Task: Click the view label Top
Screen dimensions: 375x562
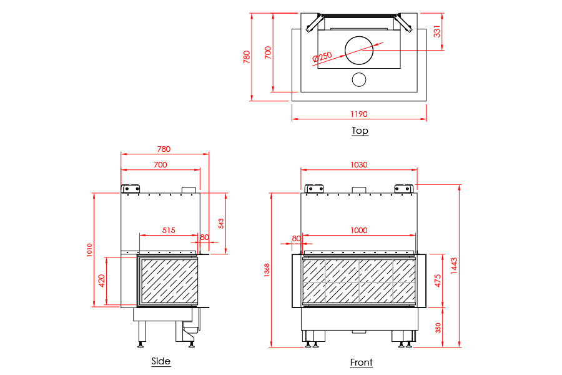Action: (x=360, y=131)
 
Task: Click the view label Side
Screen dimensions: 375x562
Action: (x=160, y=361)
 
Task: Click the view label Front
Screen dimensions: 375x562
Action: (x=361, y=362)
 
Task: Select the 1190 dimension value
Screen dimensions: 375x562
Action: (x=358, y=114)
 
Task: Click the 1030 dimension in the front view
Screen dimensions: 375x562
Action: (x=358, y=165)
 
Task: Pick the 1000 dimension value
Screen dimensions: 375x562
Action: (x=358, y=230)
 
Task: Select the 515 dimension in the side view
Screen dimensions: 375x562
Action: (x=169, y=230)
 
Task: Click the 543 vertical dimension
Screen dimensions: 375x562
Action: (x=221, y=223)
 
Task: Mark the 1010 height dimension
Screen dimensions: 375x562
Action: (x=89, y=251)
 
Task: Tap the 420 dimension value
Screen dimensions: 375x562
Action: (x=101, y=281)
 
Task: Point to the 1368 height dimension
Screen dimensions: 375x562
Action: (x=267, y=270)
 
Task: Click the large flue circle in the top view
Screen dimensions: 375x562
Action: (x=359, y=49)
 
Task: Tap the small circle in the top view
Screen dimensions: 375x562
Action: (x=359, y=79)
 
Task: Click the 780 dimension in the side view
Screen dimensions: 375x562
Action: (x=164, y=149)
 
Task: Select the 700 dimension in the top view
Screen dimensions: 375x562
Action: (x=269, y=52)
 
